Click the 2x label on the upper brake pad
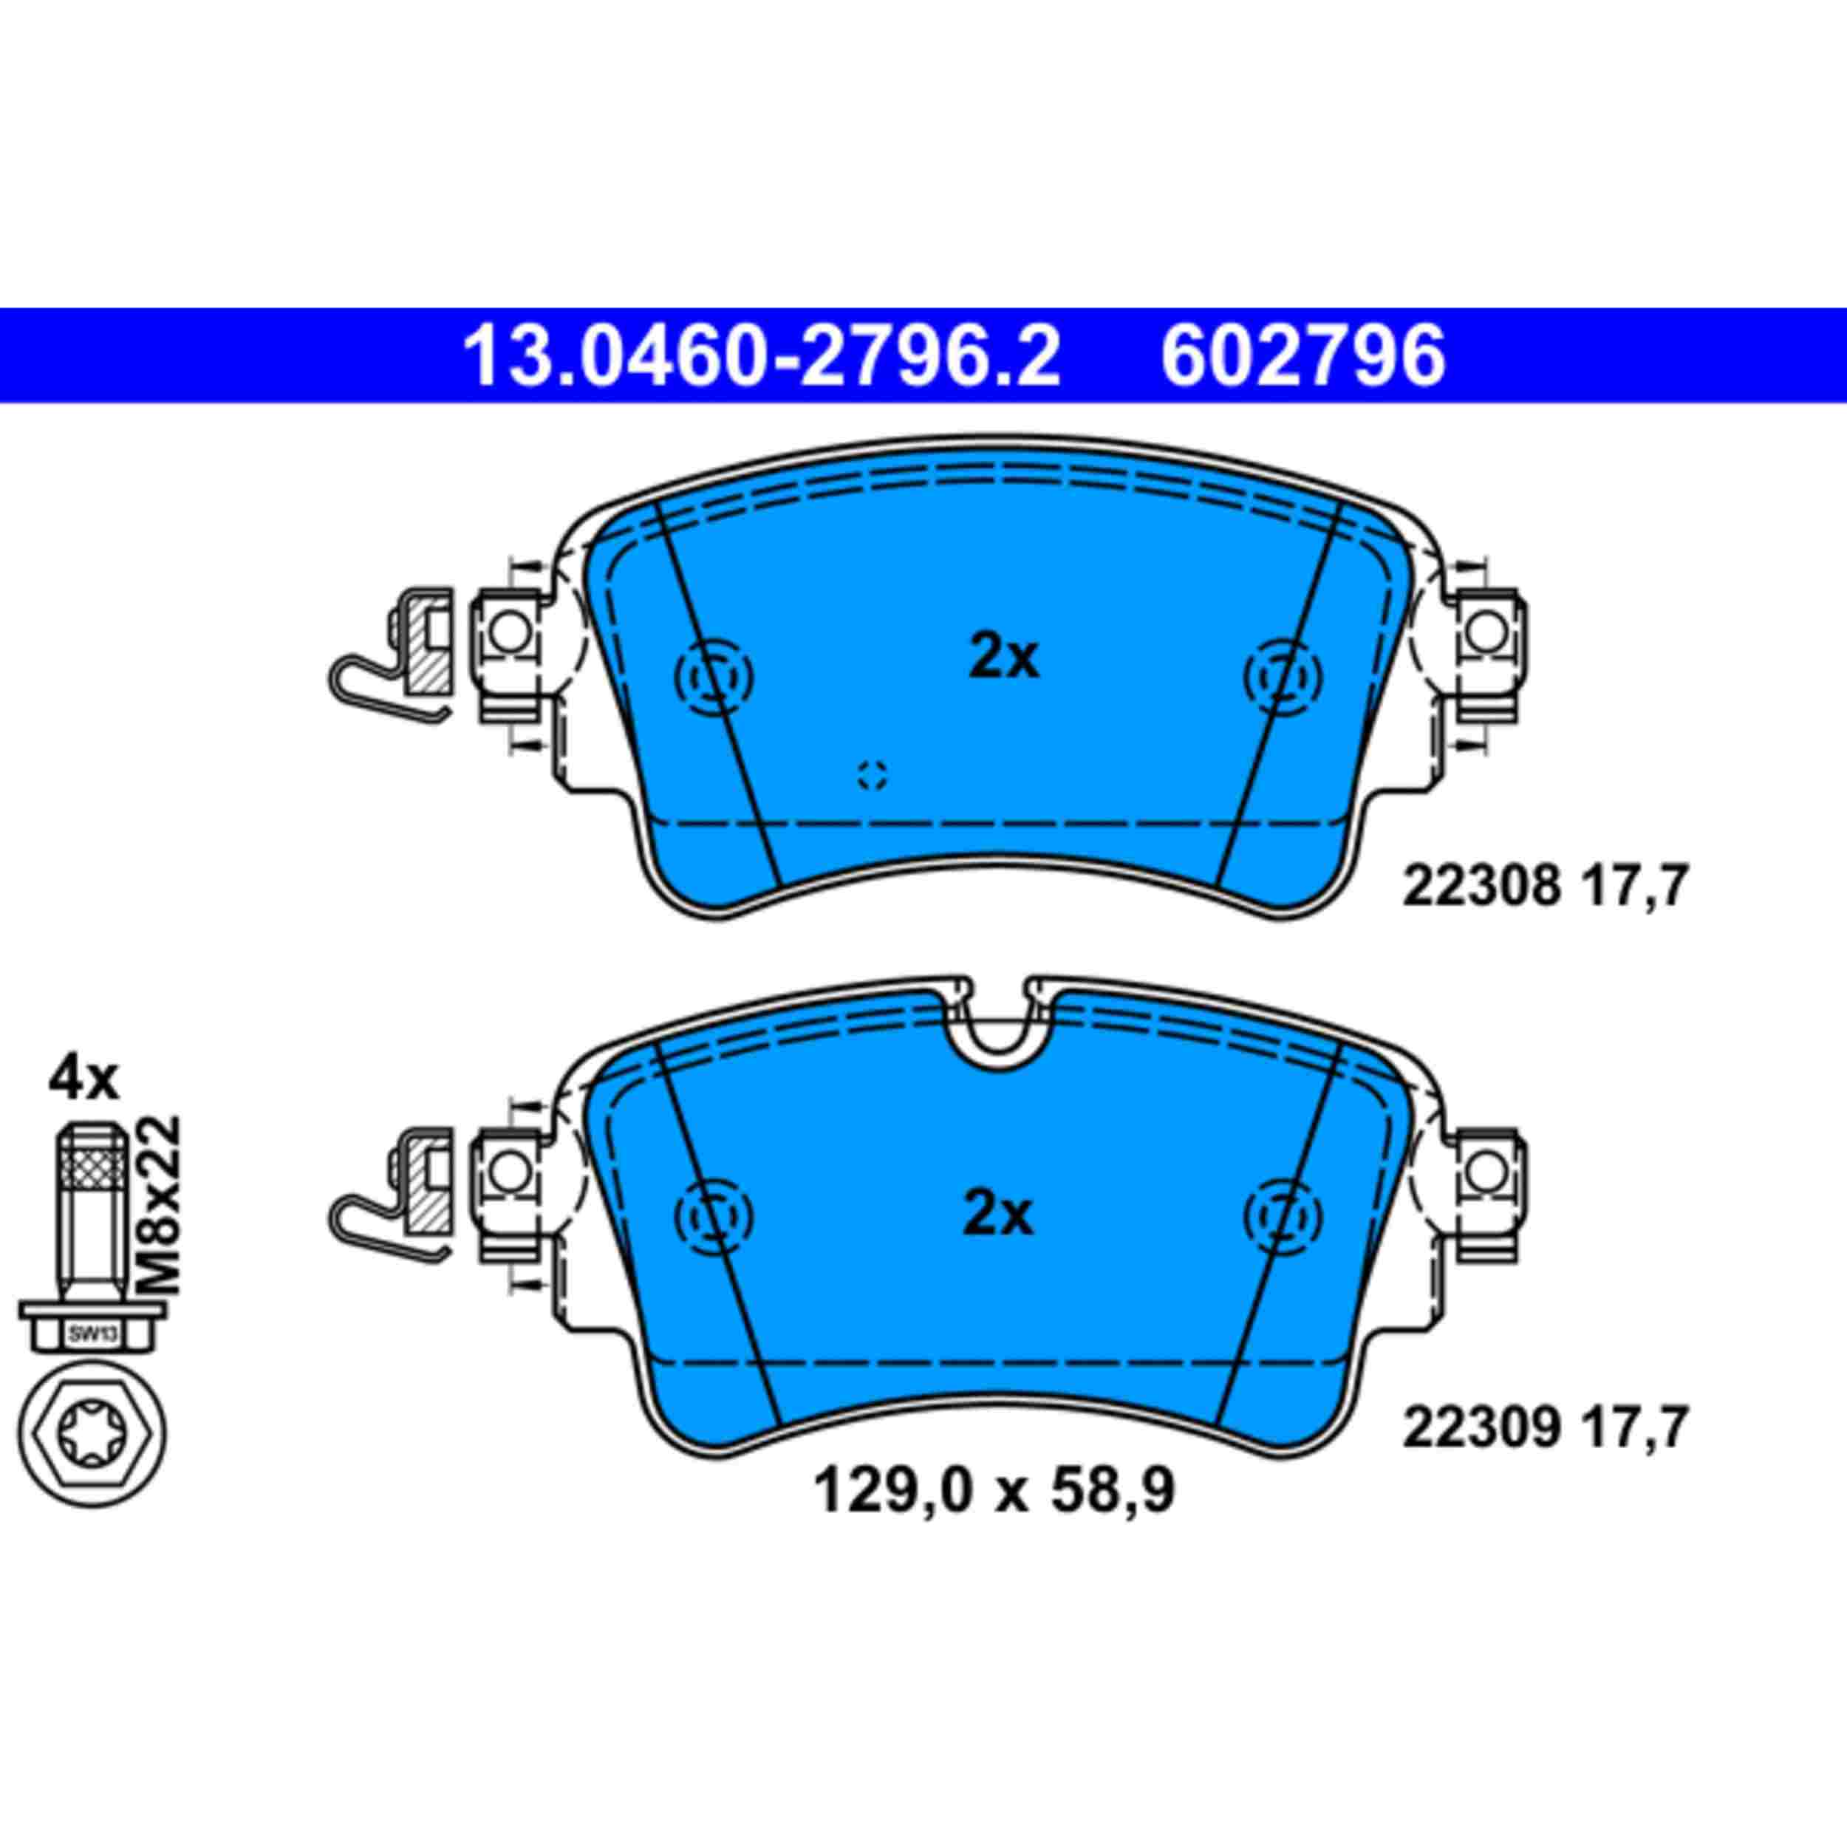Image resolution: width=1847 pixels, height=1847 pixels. (x=1003, y=659)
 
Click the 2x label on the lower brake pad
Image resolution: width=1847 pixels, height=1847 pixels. (x=998, y=1215)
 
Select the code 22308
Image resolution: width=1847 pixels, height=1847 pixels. (x=1481, y=887)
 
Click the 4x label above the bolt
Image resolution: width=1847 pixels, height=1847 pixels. (x=84, y=1080)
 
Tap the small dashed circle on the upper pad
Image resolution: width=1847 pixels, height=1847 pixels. (x=872, y=774)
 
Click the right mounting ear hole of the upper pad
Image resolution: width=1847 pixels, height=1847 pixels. (x=1486, y=632)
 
